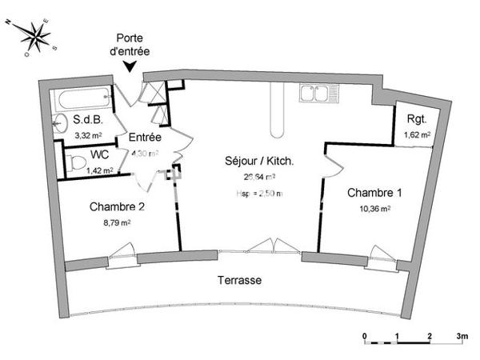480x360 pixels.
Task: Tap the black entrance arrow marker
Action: pos(131,68)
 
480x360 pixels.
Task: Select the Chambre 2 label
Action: pos(117,207)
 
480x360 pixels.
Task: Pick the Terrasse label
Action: pos(240,282)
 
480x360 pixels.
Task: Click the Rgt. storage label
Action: pos(417,119)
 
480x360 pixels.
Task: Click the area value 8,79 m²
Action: pos(116,223)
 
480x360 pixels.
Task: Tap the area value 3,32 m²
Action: pos(89,136)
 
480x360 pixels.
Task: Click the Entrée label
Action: pos(145,138)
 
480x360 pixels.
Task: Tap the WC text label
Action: pos(100,154)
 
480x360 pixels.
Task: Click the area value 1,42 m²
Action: pos(101,170)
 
